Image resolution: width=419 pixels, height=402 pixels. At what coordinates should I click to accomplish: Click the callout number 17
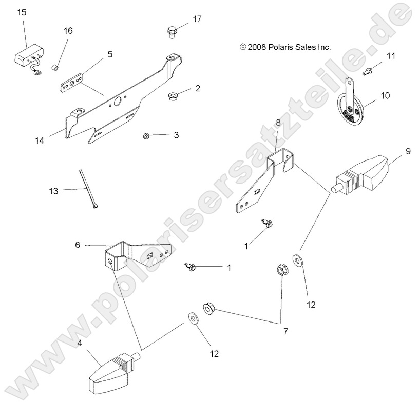coord(198,19)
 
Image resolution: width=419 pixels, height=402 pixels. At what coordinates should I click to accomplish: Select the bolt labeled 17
coord(173,31)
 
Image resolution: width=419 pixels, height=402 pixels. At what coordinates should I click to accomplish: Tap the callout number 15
coord(22,12)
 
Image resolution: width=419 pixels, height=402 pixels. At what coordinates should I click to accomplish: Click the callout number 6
coord(78,245)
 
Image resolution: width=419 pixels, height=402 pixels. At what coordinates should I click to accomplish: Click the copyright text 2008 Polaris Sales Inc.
coord(285,47)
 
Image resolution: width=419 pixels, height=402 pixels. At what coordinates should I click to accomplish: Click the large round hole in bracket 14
coord(117,102)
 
